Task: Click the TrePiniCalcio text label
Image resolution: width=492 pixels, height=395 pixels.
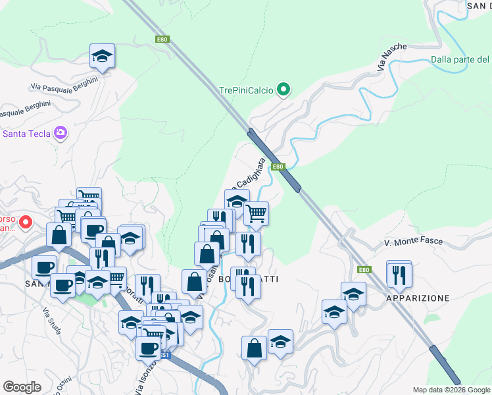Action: [246, 90]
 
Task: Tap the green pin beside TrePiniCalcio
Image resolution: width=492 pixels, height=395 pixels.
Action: [283, 89]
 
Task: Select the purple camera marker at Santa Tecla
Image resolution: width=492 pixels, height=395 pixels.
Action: [61, 134]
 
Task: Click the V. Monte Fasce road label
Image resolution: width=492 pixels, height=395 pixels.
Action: [414, 243]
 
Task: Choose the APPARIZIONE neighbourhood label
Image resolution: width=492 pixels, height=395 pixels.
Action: [418, 298]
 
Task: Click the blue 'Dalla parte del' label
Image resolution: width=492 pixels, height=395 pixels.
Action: [460, 60]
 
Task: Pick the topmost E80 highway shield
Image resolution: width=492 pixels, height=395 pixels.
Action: [162, 39]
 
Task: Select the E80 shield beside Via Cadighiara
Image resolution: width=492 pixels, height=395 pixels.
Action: [278, 167]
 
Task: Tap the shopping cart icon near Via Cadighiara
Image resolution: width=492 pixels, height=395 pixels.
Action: [256, 213]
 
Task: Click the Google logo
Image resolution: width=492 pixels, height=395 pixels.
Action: [22, 386]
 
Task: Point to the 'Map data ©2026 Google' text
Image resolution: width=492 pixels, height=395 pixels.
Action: [451, 389]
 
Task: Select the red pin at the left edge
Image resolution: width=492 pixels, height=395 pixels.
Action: [26, 223]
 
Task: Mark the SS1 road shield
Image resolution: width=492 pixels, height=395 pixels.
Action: [164, 355]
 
